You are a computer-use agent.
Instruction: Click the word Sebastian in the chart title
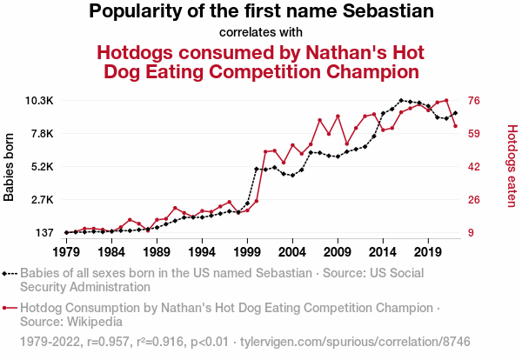tap(385, 12)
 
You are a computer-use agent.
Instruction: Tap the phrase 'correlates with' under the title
tap(261, 33)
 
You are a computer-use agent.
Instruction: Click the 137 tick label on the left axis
tap(43, 233)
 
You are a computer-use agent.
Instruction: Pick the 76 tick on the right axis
tap(475, 101)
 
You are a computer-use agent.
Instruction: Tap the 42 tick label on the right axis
tap(475, 167)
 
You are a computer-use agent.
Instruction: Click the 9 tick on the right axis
tap(472, 233)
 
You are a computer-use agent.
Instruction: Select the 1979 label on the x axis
tap(66, 252)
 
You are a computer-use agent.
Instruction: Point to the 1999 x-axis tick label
tap(247, 252)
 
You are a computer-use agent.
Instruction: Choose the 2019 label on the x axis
tap(427, 252)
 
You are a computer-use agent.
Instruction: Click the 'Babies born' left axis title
tap(10, 167)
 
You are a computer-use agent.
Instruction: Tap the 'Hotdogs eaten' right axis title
tap(512, 166)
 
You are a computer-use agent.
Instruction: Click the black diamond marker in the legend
tap(6, 272)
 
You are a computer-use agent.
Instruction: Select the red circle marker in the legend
tap(6, 308)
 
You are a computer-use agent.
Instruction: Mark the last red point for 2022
tap(455, 126)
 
